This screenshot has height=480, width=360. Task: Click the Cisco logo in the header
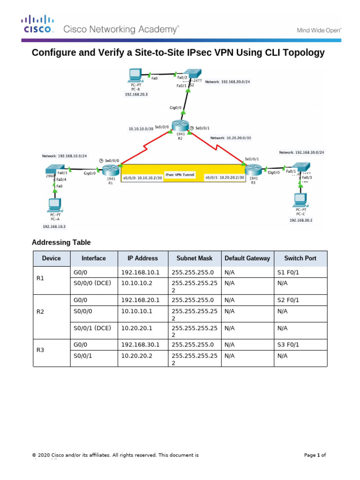[x=38, y=24]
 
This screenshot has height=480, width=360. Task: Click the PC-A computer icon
[x=55, y=205]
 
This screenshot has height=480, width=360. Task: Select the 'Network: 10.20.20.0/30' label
[x=231, y=138]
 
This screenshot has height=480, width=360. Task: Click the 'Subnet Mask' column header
[x=194, y=258]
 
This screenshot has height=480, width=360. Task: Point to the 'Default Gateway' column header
[x=247, y=258]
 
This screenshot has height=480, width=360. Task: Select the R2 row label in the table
[x=40, y=311]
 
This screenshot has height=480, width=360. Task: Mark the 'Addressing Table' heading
[x=61, y=242]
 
